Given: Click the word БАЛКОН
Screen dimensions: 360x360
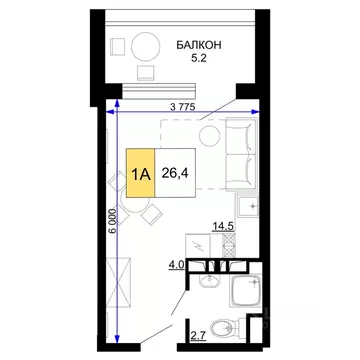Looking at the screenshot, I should [204, 45].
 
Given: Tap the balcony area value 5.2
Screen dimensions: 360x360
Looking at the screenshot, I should [204, 59].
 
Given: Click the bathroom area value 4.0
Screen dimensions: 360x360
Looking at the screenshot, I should [176, 266].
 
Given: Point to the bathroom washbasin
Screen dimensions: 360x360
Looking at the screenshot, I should [206, 283].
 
